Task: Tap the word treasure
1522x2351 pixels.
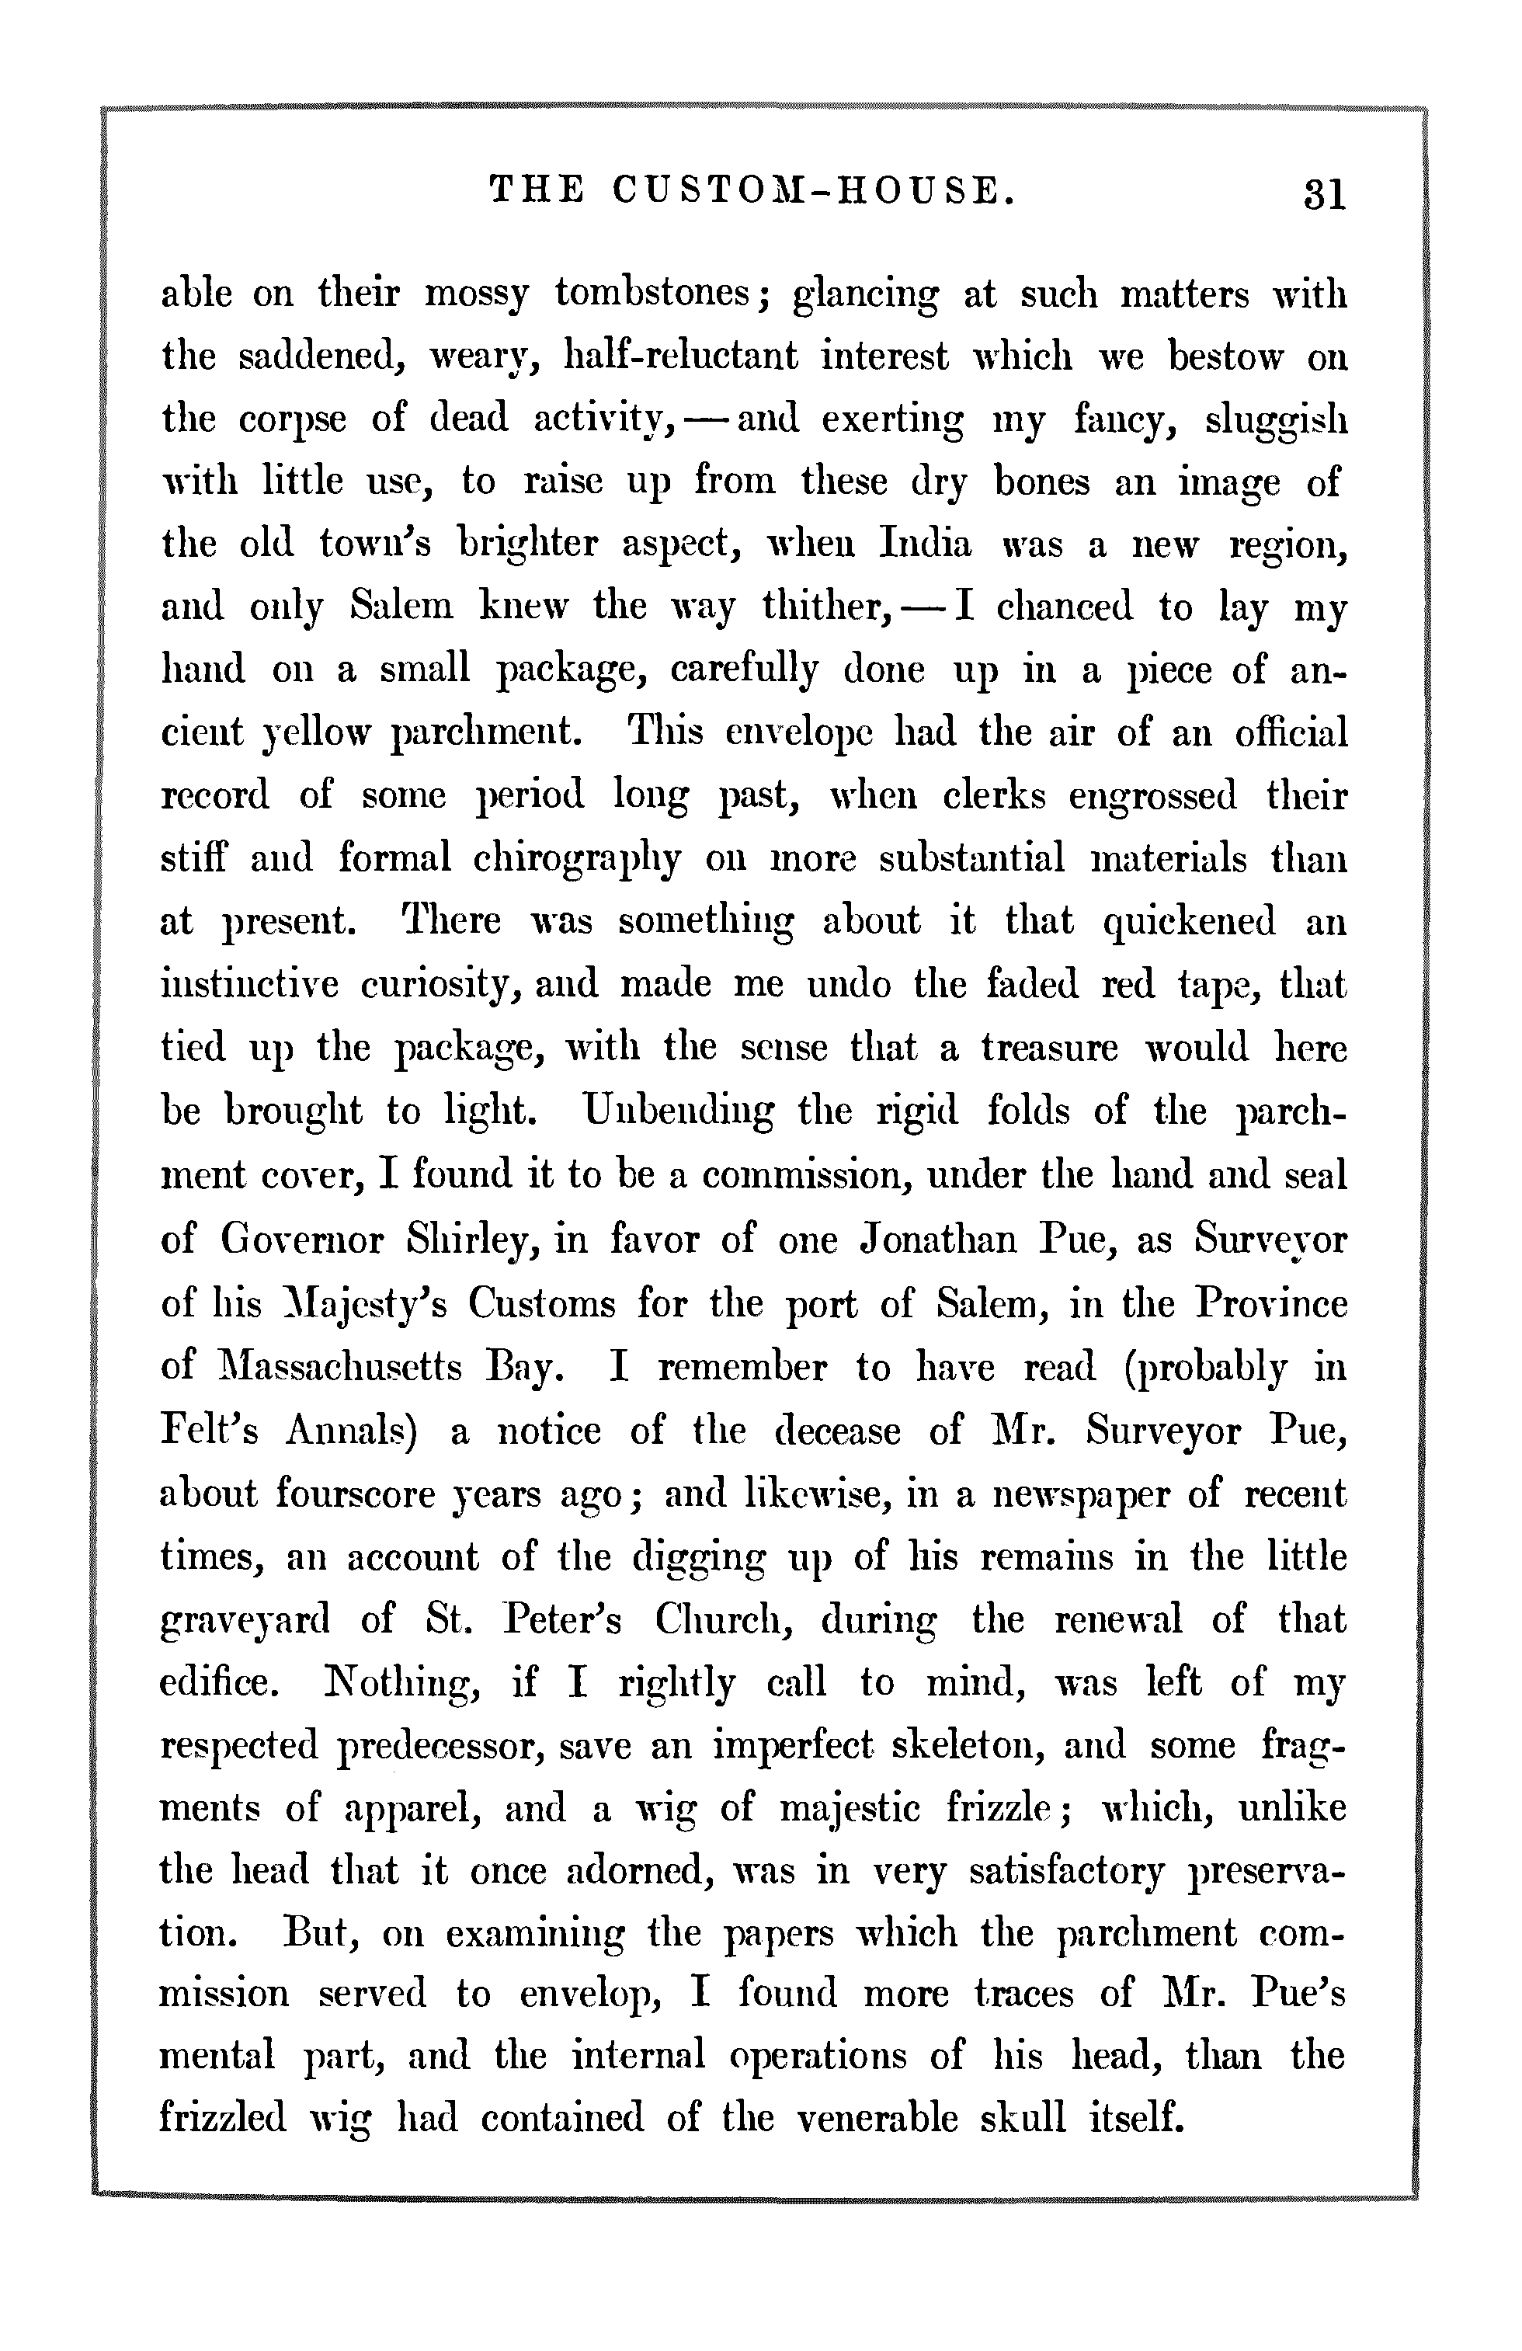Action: pyautogui.click(x=1049, y=1047)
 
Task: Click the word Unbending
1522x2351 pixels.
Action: pyautogui.click(x=679, y=1111)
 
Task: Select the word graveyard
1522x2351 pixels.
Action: pyautogui.click(x=245, y=1620)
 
